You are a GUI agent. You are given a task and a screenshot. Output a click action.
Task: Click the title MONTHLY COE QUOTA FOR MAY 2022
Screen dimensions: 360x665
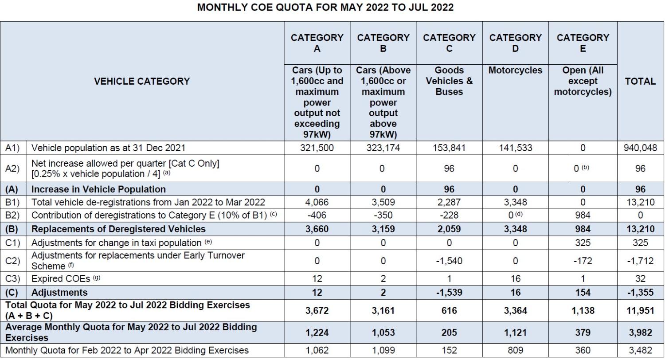click(325, 8)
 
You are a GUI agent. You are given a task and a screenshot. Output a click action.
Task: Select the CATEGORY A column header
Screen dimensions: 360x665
click(317, 43)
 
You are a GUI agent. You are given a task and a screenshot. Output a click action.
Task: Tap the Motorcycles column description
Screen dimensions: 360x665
click(515, 70)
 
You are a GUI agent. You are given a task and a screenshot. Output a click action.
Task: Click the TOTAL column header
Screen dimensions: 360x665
click(640, 81)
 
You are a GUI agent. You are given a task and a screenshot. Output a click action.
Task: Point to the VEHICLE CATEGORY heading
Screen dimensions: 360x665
click(141, 81)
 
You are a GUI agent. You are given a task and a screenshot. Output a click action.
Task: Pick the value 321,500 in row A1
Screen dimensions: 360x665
click(317, 148)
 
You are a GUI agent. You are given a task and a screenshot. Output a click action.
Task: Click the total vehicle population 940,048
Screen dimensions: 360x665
click(640, 148)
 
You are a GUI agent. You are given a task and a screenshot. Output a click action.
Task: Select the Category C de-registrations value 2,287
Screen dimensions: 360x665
click(449, 203)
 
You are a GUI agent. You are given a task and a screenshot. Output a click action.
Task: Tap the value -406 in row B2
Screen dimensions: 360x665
click(317, 215)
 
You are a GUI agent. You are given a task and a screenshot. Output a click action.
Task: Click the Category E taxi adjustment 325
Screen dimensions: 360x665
click(583, 243)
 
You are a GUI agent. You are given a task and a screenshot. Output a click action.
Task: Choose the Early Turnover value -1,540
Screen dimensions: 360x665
click(449, 261)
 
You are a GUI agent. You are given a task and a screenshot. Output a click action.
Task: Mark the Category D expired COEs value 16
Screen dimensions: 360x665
click(515, 279)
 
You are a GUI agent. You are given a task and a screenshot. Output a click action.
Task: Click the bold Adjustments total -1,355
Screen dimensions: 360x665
click(640, 293)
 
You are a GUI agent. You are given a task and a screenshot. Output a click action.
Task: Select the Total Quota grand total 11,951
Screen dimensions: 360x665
click(640, 311)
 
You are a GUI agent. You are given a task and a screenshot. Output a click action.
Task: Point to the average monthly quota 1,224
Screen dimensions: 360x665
click(317, 333)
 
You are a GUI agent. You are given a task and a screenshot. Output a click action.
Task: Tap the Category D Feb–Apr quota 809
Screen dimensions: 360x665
click(515, 350)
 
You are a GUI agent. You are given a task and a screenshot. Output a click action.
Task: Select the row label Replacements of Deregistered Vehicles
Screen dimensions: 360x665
click(118, 229)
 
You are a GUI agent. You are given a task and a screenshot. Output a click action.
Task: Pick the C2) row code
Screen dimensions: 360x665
click(13, 261)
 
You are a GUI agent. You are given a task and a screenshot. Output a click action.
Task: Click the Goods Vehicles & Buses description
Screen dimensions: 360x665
click(449, 81)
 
